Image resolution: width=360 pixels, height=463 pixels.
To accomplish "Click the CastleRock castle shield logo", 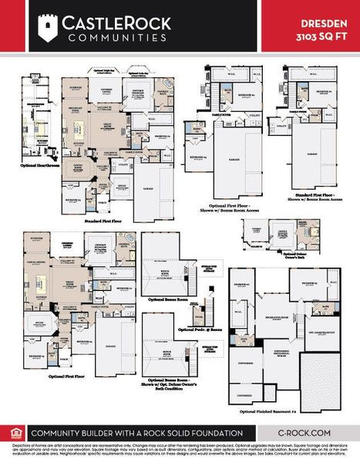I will click(49, 25).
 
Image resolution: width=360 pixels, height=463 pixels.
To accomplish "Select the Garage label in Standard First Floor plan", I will click(148, 187).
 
